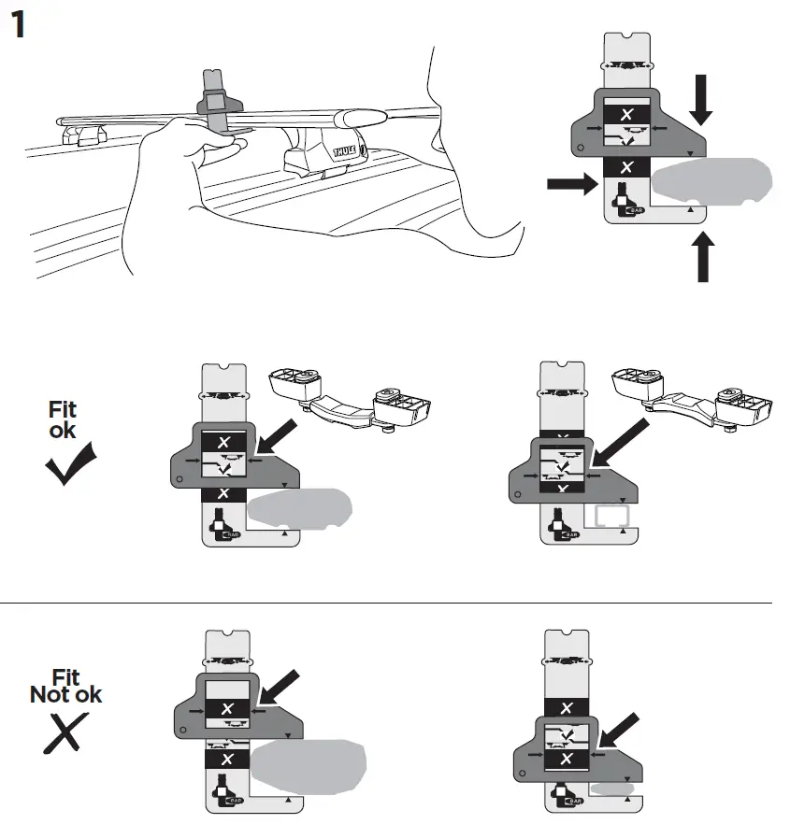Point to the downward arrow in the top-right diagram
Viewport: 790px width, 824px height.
(x=702, y=101)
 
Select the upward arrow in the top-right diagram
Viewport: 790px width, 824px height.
(x=702, y=257)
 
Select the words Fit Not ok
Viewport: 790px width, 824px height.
(x=65, y=686)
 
